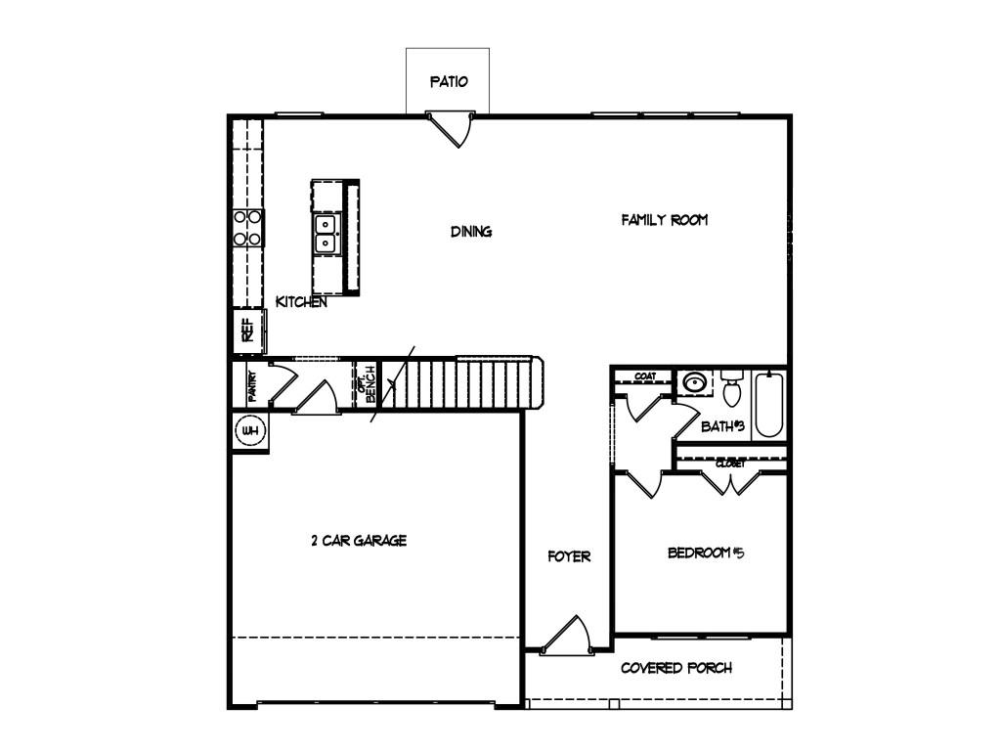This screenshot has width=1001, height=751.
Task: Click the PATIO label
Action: [x=449, y=82]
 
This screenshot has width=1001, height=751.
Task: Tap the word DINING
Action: [x=471, y=231]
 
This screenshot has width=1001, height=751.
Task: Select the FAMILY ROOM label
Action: [x=665, y=220]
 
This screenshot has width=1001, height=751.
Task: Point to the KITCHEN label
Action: [x=301, y=302]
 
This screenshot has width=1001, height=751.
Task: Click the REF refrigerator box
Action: [x=248, y=331]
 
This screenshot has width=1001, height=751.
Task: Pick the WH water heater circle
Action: [x=249, y=431]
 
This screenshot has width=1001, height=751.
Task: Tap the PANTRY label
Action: [x=252, y=385]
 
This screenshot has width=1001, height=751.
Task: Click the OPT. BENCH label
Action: [x=367, y=383]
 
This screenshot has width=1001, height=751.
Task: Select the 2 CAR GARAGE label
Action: [x=359, y=541]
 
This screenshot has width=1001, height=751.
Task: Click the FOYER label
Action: [x=569, y=556]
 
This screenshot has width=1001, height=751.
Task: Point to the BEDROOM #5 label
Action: [x=706, y=552]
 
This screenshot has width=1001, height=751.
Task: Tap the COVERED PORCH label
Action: [x=676, y=668]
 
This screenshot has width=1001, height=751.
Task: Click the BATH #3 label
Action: [x=723, y=426]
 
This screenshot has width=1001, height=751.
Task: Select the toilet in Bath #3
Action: [x=731, y=389]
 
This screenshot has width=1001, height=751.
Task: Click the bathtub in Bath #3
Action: [x=768, y=404]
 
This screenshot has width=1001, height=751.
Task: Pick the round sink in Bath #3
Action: [x=694, y=383]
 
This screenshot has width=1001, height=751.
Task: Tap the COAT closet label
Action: [x=645, y=376]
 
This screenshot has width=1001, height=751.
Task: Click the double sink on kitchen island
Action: [x=326, y=234]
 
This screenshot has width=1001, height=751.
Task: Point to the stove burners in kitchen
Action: [x=247, y=228]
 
